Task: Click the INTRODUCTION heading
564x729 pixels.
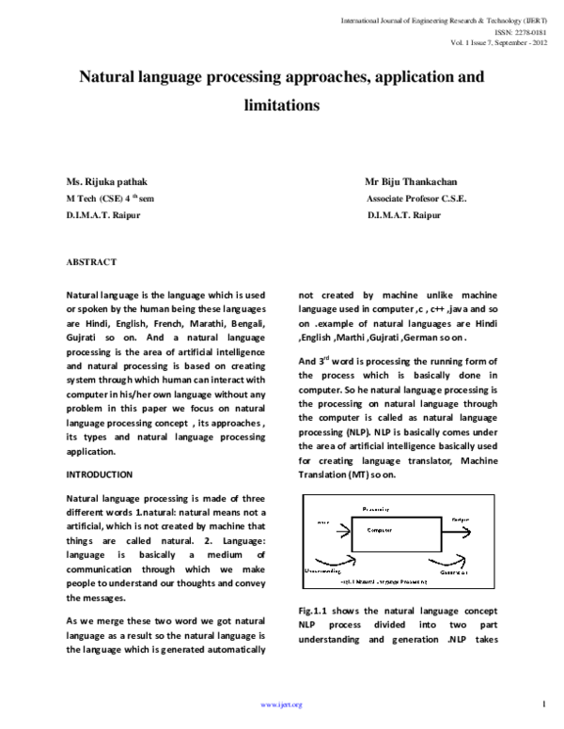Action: (x=99, y=474)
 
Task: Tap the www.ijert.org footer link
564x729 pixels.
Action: (x=281, y=705)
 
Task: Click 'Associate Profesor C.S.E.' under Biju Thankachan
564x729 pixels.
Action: (x=416, y=198)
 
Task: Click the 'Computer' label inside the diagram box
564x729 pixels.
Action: (x=380, y=530)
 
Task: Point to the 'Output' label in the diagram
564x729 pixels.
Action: (x=462, y=519)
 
